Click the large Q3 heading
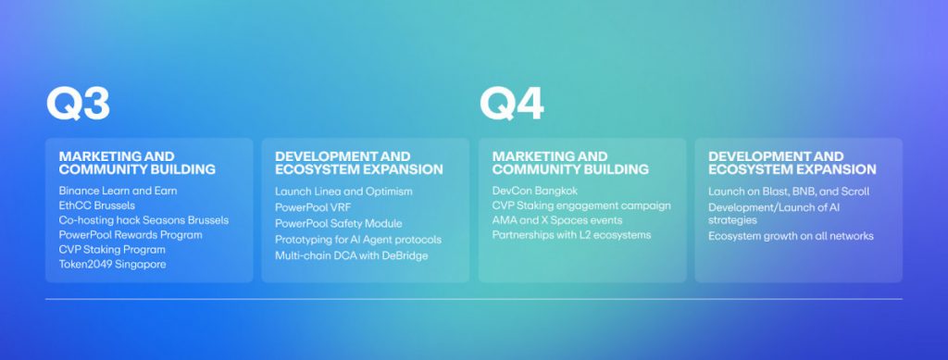click(78, 106)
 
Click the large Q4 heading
click(511, 106)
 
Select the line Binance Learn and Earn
click(118, 191)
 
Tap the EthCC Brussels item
click(96, 205)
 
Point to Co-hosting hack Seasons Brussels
click(143, 220)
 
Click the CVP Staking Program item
click(112, 250)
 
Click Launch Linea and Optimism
click(343, 191)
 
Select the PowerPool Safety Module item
click(339, 223)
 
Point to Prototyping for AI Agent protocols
click(358, 240)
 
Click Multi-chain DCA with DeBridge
click(352, 255)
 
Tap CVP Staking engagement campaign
click(581, 205)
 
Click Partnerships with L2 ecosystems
click(571, 235)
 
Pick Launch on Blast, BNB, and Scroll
click(789, 192)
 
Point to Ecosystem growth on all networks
click(791, 236)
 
